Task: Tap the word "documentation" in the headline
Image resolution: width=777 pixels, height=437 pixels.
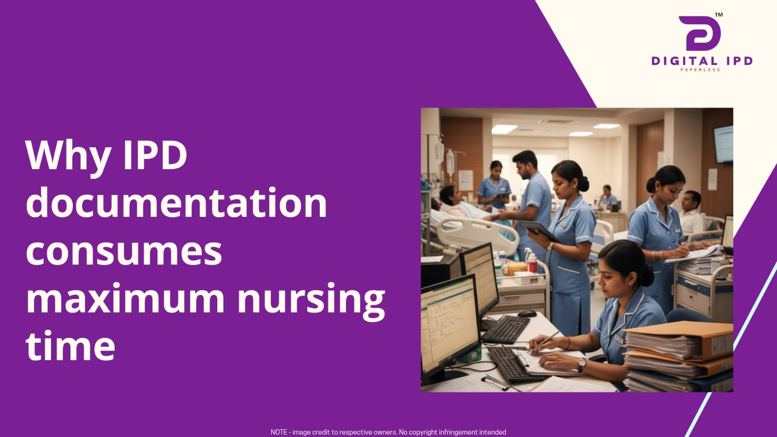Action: pos(176,203)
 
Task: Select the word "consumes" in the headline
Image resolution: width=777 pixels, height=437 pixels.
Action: pos(124,251)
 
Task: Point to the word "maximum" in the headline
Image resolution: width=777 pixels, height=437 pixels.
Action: pos(125,298)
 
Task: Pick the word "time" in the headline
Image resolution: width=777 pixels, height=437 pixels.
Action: pos(70,346)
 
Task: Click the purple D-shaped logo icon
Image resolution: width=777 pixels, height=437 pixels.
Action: pos(700,34)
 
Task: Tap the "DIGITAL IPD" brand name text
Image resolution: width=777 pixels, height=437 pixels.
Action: pos(702,61)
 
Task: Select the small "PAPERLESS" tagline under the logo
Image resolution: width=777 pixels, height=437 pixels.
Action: pos(700,70)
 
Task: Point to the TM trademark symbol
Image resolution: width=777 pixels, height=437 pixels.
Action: pos(719,15)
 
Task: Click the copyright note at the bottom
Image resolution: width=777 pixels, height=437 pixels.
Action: pos(388,432)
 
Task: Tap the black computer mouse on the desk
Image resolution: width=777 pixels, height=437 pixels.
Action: pos(527,314)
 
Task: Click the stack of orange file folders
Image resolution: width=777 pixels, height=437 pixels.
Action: pos(678,356)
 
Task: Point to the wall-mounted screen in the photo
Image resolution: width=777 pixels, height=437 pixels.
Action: pos(723,144)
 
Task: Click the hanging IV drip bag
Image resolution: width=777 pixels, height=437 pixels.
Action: pos(450,162)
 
